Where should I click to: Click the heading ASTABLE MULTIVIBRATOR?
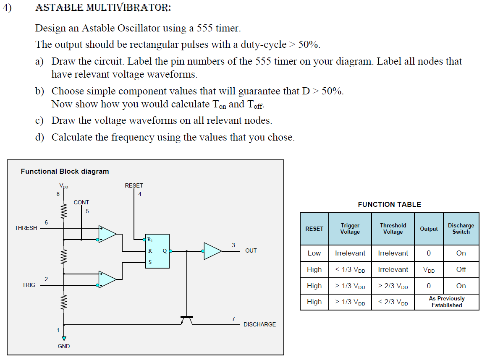[103, 8]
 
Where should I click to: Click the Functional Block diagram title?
[65, 171]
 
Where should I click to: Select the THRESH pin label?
[26, 228]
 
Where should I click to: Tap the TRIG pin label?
[29, 285]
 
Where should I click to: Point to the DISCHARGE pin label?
[259, 324]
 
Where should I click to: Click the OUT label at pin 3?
[251, 250]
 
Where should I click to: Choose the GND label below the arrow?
[64, 346]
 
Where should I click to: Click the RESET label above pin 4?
[134, 185]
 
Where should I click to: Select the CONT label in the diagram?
[81, 202]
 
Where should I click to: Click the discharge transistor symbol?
[186, 320]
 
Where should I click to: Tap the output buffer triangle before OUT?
[212, 251]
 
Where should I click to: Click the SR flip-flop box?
[157, 251]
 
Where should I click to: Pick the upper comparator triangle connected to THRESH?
[107, 234]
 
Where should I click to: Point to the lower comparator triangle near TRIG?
[107, 279]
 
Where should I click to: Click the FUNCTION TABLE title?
[389, 204]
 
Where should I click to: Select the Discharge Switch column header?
[461, 229]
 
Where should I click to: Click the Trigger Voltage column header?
[350, 229]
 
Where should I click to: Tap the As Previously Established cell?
[446, 302]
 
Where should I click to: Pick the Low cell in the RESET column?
[314, 253]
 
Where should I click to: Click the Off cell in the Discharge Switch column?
[461, 269]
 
